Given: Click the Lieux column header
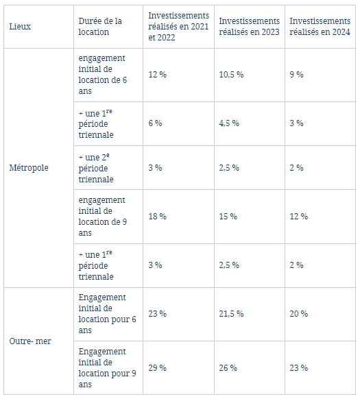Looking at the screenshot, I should [20, 27].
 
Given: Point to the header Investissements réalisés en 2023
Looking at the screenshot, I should [249, 27].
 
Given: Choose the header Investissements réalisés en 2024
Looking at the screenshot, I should [320, 27].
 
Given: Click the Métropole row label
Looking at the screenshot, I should [29, 168].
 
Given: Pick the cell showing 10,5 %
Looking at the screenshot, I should [231, 74].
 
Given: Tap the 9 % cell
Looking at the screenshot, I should [296, 74].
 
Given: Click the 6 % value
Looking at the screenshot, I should [155, 123].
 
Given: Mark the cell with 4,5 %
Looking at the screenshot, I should [229, 123].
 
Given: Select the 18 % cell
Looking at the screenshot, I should [157, 217].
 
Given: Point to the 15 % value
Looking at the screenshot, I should [228, 217].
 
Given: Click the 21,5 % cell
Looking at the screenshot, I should [231, 314].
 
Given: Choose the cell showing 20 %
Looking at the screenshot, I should [298, 314].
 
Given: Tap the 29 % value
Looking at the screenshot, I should [157, 368].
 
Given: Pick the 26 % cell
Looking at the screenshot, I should [228, 368].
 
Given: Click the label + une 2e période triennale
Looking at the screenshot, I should [96, 168].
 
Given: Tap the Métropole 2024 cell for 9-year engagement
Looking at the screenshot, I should [298, 217].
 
